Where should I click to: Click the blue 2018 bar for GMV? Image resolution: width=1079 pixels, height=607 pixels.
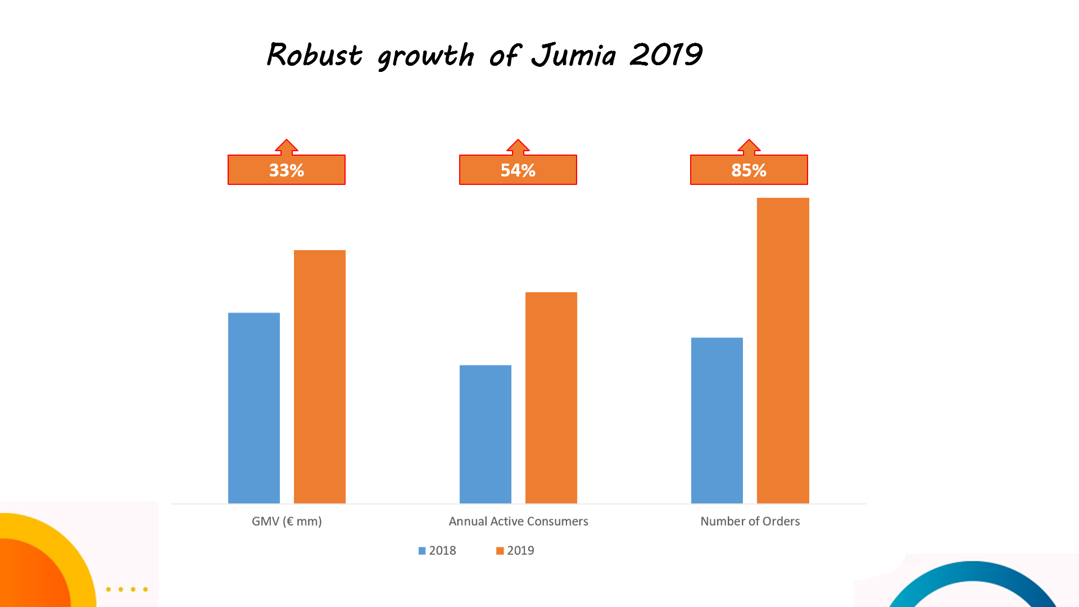click(x=254, y=407)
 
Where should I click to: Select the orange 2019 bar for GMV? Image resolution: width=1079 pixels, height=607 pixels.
click(x=320, y=377)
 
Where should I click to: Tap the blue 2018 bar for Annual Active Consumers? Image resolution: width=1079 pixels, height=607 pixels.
click(x=486, y=434)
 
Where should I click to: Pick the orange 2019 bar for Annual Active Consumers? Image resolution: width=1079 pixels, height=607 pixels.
click(x=551, y=397)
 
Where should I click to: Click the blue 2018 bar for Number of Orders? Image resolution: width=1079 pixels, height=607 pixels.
click(x=717, y=420)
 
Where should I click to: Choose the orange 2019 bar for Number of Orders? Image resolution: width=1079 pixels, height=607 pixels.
click(x=783, y=350)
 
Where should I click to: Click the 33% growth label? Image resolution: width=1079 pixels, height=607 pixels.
click(x=287, y=170)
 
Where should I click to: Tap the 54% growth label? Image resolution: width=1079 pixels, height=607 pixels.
click(x=518, y=170)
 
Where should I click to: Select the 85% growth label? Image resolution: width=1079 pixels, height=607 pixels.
click(x=749, y=170)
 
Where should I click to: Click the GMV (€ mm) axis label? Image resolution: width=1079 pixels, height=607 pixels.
click(x=287, y=521)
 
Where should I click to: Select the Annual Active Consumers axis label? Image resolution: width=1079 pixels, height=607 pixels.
click(x=518, y=521)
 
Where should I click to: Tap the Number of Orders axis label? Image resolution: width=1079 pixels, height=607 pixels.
click(x=750, y=521)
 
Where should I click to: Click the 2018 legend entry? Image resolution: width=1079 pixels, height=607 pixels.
click(x=437, y=551)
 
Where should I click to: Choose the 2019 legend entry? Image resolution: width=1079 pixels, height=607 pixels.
click(x=515, y=551)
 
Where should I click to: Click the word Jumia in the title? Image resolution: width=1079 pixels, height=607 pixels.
click(x=574, y=56)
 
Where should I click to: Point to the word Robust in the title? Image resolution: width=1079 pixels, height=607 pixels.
click(x=315, y=56)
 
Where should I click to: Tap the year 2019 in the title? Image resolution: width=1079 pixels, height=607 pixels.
click(x=666, y=56)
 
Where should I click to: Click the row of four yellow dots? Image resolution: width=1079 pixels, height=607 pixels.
click(x=127, y=590)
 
